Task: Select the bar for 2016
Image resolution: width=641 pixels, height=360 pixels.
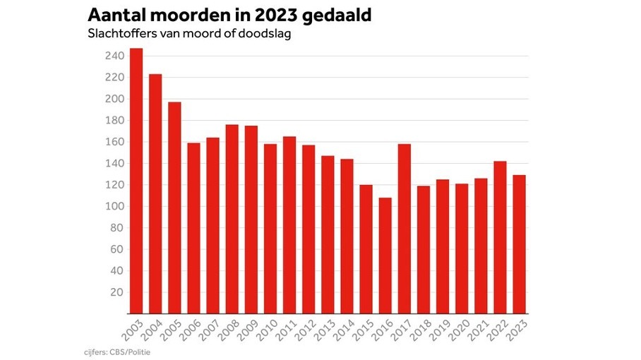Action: [x=385, y=256]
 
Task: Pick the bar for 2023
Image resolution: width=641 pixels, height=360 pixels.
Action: [x=519, y=244]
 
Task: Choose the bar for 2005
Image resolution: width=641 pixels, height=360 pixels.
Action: [x=174, y=208]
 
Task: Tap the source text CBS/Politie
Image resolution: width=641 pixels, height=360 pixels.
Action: [x=132, y=351]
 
